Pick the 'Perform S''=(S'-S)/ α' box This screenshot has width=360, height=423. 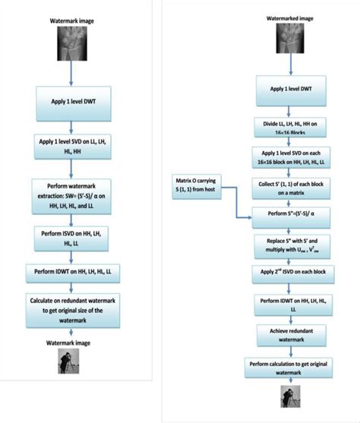289,216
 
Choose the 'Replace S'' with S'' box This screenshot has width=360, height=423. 289,246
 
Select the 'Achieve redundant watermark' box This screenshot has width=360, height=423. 289,336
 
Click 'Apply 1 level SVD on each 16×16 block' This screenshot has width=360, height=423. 289,157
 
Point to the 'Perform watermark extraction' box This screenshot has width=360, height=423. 75,192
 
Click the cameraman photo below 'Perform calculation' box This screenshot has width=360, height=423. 290,399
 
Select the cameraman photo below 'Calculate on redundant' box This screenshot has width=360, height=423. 74,363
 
